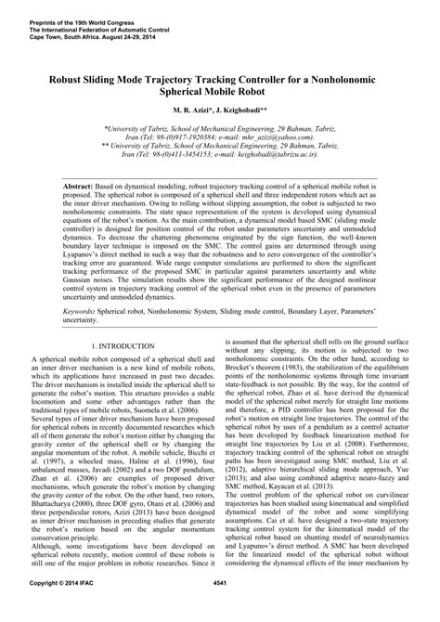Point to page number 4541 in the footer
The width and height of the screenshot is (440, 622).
[x=220, y=609]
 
